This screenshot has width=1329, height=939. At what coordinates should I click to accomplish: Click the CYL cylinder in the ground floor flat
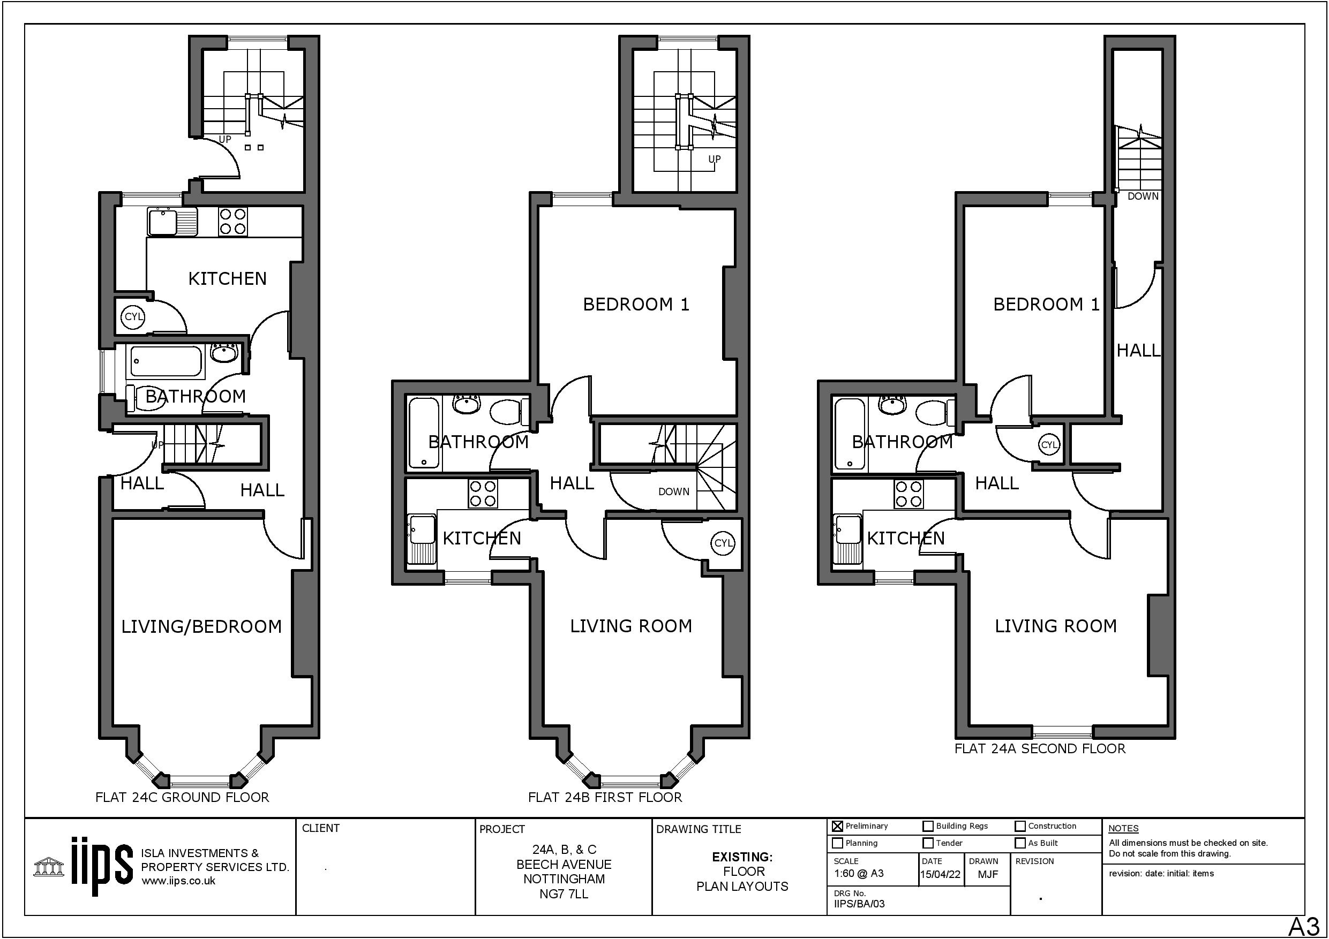click(x=134, y=316)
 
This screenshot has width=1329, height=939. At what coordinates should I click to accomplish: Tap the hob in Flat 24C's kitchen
click(x=232, y=221)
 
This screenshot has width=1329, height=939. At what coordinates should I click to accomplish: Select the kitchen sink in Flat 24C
click(x=172, y=221)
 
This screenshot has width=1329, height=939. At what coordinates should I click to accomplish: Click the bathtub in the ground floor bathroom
click(x=167, y=361)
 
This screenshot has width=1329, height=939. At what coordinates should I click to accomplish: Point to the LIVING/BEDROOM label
click(x=201, y=626)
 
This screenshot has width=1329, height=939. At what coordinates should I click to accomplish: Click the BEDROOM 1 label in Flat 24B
click(x=636, y=304)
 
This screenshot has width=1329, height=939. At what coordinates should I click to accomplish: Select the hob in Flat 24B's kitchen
click(x=483, y=494)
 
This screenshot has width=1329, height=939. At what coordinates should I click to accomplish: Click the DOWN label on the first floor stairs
click(x=674, y=492)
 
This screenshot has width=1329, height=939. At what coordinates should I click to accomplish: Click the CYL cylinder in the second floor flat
click(x=1049, y=445)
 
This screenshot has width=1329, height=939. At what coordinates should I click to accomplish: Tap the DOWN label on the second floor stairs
click(x=1143, y=196)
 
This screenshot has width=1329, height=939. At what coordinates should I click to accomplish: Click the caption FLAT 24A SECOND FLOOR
click(x=1040, y=748)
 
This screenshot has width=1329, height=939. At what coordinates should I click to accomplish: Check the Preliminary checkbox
click(x=837, y=826)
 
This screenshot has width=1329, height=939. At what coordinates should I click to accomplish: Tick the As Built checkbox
click(x=1020, y=843)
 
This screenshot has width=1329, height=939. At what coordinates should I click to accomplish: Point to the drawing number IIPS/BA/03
click(x=859, y=904)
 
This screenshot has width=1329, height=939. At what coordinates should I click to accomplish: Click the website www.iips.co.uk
click(x=178, y=881)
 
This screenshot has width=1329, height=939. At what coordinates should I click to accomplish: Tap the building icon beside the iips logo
click(x=49, y=867)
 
